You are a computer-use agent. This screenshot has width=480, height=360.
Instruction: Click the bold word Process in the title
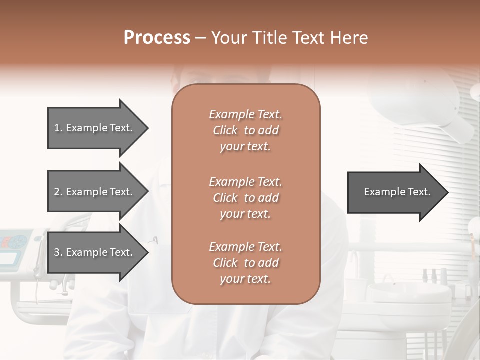pos(157,38)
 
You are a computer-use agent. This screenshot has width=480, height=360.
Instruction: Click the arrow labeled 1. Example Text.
pos(95,128)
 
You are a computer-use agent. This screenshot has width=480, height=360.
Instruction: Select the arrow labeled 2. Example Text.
pos(95,192)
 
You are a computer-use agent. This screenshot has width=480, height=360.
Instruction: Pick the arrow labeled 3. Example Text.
pos(95,252)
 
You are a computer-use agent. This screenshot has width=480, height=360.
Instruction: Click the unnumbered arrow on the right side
pos(395,192)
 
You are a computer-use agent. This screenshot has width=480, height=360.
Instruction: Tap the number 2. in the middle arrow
pos(58,192)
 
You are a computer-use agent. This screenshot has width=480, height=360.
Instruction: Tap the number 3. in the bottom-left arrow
pos(58,252)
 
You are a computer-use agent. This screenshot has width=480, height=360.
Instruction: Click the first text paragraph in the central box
pos(245,130)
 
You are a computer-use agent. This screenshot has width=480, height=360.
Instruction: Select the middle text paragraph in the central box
pos(245,198)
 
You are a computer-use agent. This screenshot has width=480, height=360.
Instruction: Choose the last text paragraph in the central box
pos(245,263)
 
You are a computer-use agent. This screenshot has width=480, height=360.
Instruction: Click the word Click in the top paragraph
pos(225,130)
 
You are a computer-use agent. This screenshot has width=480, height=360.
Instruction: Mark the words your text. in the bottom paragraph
pos(245,279)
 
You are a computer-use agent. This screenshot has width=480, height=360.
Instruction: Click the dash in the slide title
pos(200,38)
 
